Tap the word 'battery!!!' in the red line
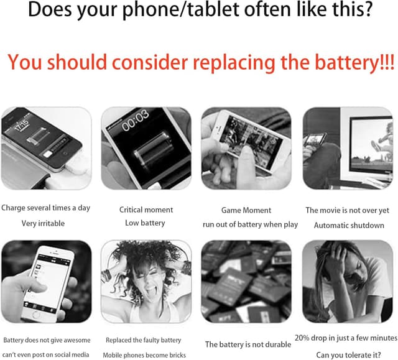click(354, 62)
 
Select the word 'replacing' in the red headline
click(234, 63)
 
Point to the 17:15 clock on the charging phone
click(21, 126)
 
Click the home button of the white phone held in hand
click(35, 315)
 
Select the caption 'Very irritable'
click(43, 223)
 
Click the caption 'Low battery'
click(145, 223)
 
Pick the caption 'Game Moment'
click(246, 210)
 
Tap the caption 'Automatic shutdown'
click(349, 225)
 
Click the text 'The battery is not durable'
click(248, 344)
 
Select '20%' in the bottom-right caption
click(302, 338)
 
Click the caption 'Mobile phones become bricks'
click(144, 355)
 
